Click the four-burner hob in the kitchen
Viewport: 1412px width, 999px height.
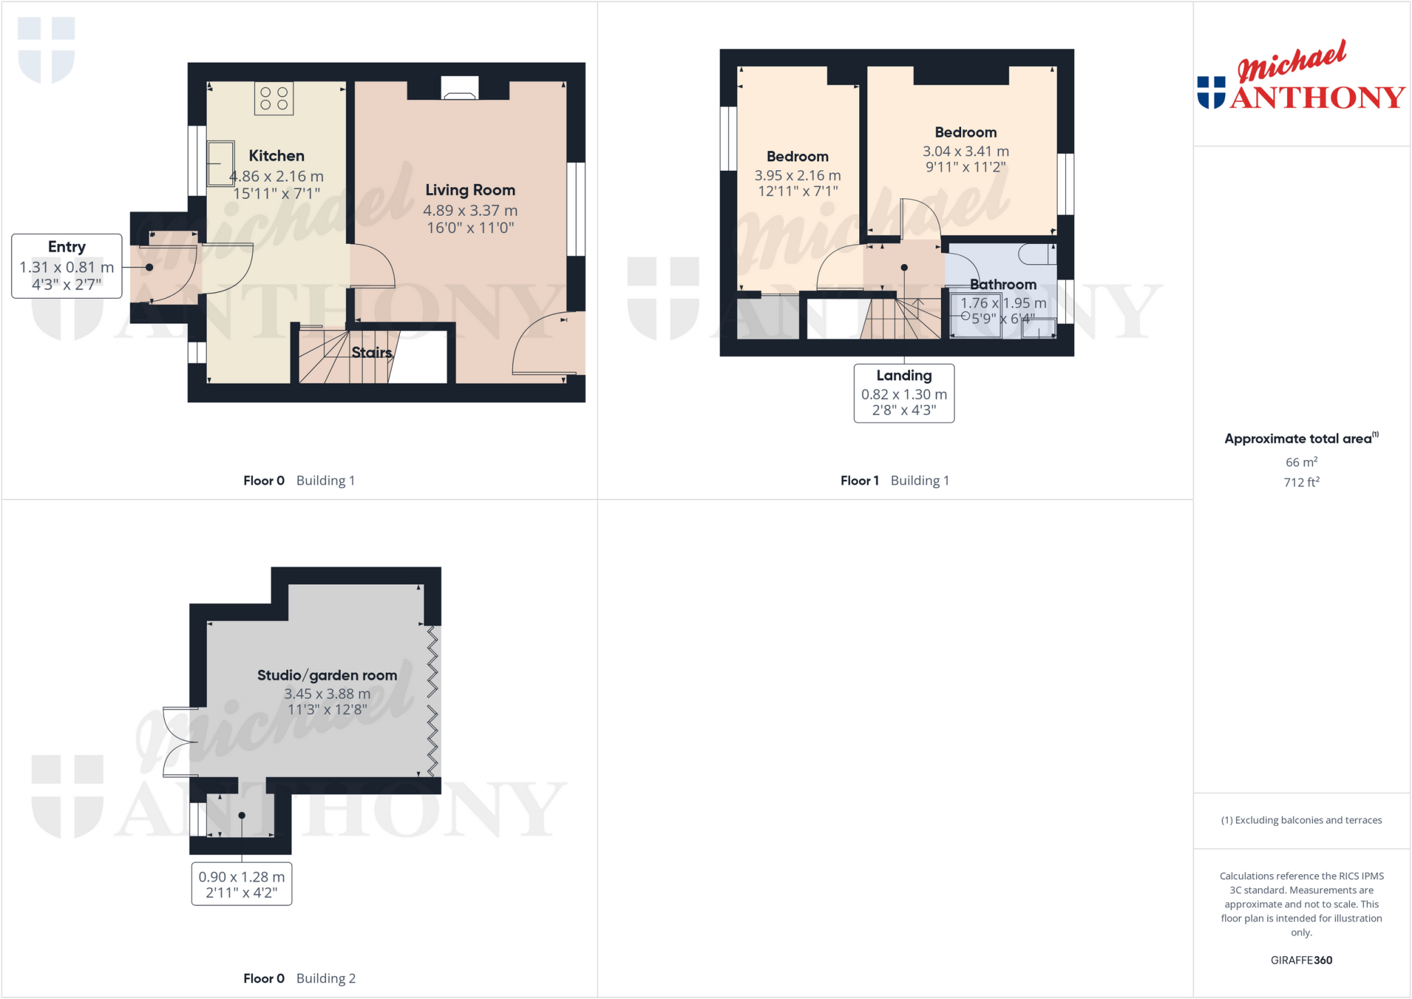point(274,98)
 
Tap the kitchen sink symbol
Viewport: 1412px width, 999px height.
point(221,163)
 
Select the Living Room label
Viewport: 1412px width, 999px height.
point(470,190)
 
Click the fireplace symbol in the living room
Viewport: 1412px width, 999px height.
point(459,88)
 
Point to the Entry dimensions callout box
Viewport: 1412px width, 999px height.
point(67,266)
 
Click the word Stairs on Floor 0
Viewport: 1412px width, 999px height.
point(371,352)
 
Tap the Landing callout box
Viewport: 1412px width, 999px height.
point(904,393)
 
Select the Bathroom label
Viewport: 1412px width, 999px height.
point(1002,284)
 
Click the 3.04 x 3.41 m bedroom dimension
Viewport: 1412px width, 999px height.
point(965,151)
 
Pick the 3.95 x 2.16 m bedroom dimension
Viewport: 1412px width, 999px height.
point(797,175)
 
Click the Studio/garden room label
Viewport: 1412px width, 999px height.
point(327,675)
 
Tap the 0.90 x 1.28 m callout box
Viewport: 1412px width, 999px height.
point(241,884)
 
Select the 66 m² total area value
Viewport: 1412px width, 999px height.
point(1301,462)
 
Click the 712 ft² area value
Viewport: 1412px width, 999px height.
point(1301,482)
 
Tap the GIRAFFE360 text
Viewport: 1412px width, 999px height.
point(1301,960)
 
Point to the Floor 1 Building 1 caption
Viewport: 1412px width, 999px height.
point(894,481)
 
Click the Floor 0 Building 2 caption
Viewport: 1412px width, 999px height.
point(299,978)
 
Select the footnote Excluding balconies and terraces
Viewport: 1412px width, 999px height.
point(1301,820)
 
